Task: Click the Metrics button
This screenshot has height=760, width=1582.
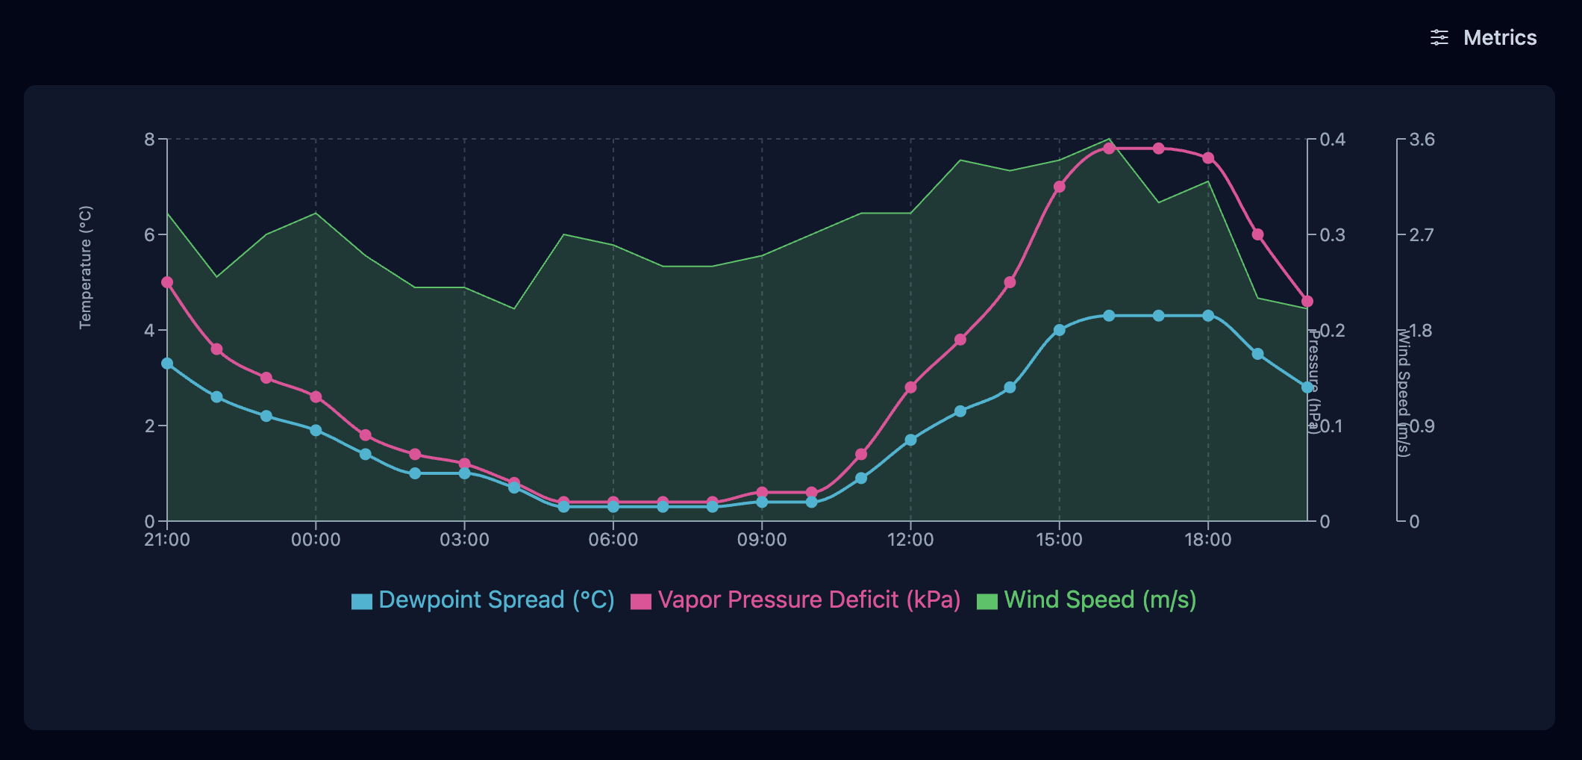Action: tap(1483, 37)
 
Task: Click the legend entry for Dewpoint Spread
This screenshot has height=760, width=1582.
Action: tap(483, 600)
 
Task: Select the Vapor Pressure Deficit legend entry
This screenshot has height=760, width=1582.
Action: tap(795, 600)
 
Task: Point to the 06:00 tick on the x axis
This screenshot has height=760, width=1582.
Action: tap(613, 540)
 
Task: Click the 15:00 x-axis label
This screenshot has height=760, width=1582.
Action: tap(1059, 540)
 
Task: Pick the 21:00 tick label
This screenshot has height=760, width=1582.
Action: tap(167, 540)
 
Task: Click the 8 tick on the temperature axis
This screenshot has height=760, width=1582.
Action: tap(150, 140)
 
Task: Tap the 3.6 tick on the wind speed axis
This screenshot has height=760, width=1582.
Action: tap(1422, 140)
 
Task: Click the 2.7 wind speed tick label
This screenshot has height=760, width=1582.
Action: tap(1422, 235)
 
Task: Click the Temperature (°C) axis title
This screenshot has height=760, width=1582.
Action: tap(86, 267)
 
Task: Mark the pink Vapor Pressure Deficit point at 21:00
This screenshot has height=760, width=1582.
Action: tap(167, 282)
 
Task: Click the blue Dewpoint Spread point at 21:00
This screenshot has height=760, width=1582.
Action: tap(167, 364)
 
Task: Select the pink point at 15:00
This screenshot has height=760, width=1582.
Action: tap(1059, 187)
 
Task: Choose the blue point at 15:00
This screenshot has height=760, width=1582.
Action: tap(1059, 330)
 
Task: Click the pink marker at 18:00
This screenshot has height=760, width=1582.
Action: tap(1208, 158)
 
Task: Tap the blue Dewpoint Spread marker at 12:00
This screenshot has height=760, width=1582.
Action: tap(910, 440)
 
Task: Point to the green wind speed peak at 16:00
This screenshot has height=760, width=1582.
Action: tap(1109, 139)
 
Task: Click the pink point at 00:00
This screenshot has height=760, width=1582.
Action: tap(316, 396)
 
